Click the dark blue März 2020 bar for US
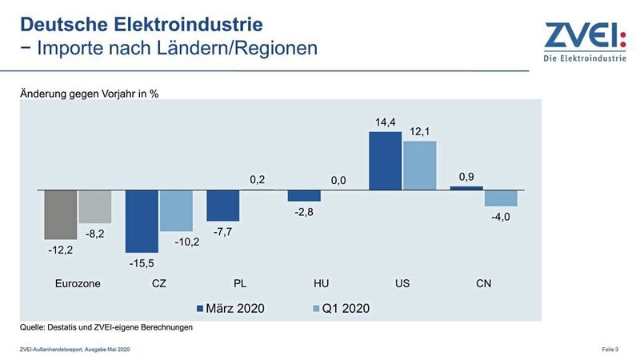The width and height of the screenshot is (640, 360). pos(385,161)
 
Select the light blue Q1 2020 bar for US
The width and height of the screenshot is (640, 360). pos(419,166)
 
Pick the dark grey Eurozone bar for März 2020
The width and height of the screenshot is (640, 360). pos(60,214)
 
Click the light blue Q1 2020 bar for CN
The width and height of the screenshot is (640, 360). pos(501,198)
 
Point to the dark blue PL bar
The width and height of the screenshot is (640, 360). pos(223,206)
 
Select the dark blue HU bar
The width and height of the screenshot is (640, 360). pos(304,196)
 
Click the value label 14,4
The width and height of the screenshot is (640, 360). pos(385,122)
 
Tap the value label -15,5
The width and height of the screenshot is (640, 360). pos(142,262)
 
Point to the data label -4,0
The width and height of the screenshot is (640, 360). pos(501,216)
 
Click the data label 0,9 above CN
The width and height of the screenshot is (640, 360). pos(466,176)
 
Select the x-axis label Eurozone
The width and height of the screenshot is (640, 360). pos(78,283)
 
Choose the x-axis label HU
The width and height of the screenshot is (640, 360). pos(321,283)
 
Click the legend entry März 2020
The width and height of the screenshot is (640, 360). pos(231,307)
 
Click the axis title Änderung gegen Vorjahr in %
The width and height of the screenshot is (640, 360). pos(90,94)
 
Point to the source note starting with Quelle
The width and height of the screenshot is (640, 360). pos(106,326)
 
